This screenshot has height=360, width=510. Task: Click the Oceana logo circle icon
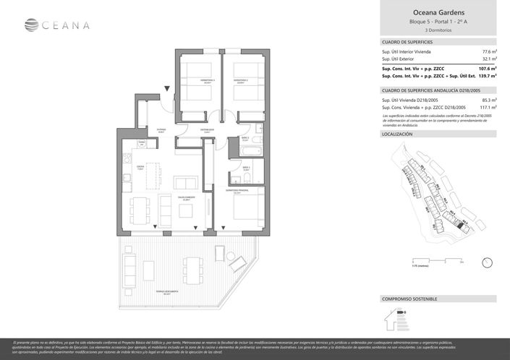coord(31,25)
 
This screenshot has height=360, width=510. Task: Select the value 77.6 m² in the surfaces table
coord(487,52)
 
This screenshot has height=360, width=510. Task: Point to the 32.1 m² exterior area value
coord(487,59)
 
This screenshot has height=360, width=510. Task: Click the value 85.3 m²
coord(487,100)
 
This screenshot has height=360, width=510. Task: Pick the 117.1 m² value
coord(486,107)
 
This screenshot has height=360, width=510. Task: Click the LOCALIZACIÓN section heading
coord(396,134)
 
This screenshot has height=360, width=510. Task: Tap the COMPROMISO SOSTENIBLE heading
coord(410,299)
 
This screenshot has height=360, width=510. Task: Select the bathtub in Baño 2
coord(249,151)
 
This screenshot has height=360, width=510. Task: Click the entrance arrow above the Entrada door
coord(168,88)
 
